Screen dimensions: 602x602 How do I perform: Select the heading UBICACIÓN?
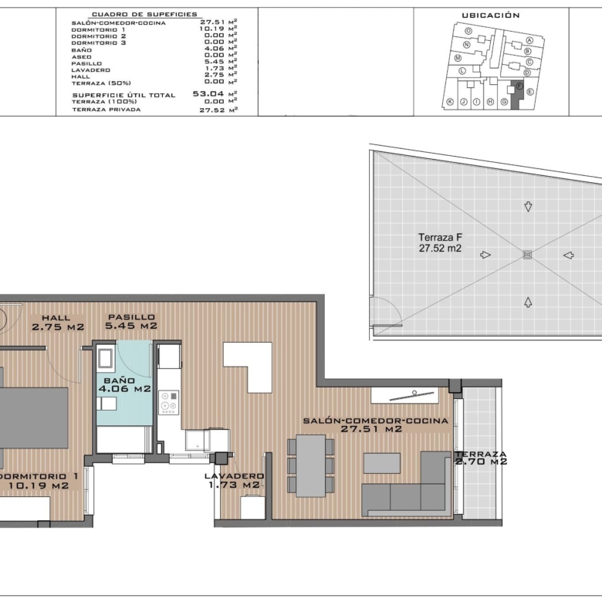tap(491, 15)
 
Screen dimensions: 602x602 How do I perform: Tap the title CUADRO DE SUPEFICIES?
tap(144, 15)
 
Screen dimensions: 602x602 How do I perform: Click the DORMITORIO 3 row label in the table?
tap(99, 42)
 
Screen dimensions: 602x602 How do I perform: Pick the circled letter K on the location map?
tap(450, 102)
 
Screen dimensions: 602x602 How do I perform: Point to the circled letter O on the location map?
tap(468, 31)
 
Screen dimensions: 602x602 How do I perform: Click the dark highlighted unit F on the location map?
tap(517, 94)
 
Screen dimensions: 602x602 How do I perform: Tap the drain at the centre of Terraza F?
tap(527, 255)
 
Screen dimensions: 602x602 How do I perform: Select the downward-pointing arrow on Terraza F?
tap(528, 207)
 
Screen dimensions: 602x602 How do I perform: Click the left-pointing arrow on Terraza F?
tap(569, 255)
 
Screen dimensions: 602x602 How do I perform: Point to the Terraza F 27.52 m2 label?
tap(440, 242)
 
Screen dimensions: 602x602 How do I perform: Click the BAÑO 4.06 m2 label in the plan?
tap(124, 384)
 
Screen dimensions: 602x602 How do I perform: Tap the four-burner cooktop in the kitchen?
tap(168, 402)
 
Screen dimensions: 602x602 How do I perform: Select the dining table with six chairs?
tap(310, 465)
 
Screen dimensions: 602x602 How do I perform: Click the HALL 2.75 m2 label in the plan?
tap(58, 323)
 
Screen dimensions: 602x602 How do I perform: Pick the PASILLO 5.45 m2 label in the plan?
tap(131, 322)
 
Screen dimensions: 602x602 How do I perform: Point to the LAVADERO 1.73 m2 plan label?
tap(234, 481)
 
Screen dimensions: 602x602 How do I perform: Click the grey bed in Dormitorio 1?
tap(32, 418)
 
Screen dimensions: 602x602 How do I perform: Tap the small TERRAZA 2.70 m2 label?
tap(481, 458)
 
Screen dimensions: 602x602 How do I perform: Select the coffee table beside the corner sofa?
tap(381, 463)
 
